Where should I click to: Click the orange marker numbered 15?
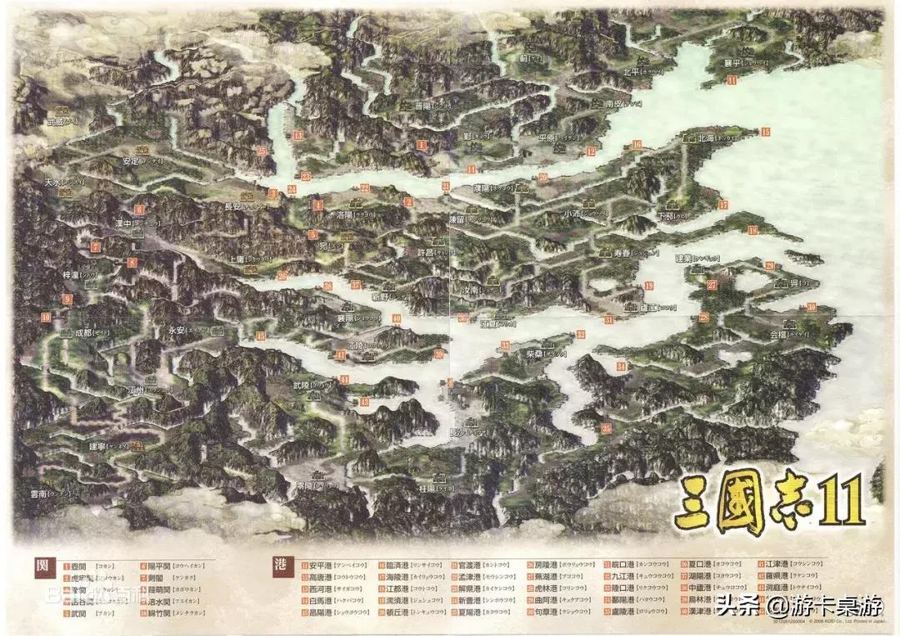(765, 132)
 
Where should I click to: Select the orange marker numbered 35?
(606, 428)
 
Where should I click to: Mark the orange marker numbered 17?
(723, 204)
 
